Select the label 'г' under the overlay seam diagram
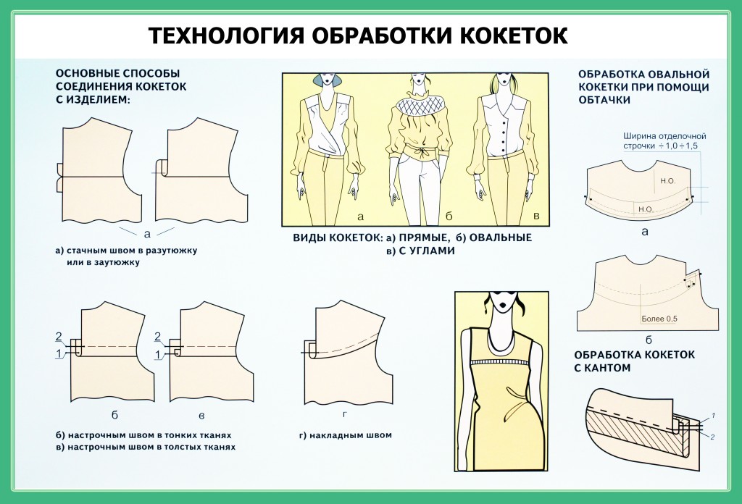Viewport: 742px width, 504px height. click(x=345, y=414)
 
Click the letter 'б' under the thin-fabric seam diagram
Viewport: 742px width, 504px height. click(x=114, y=415)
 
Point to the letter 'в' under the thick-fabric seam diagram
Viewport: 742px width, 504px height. click(x=201, y=416)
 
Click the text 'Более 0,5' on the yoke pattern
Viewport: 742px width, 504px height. click(x=659, y=319)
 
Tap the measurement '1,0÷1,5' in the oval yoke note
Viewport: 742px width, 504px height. click(x=681, y=146)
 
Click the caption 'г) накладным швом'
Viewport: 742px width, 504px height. click(x=346, y=435)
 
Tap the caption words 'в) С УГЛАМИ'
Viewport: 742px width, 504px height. click(x=420, y=251)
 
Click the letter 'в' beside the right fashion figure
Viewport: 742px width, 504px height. click(x=536, y=216)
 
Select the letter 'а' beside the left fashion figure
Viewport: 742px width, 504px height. click(x=361, y=217)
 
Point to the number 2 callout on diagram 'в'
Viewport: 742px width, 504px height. click(x=157, y=337)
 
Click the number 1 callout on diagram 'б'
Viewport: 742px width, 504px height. click(x=59, y=353)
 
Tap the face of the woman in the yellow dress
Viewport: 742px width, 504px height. click(x=503, y=302)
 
